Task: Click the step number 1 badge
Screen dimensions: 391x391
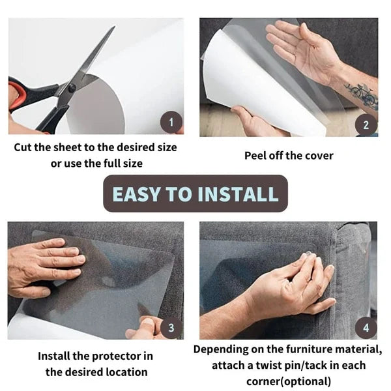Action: coord(171,121)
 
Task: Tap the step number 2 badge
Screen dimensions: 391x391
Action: coord(366,124)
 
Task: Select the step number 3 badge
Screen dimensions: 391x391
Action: coord(171,327)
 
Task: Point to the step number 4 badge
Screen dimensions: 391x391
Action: coord(366,327)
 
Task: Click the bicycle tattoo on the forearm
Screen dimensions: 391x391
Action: coord(360,95)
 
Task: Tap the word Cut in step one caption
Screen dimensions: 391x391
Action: coord(24,147)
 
